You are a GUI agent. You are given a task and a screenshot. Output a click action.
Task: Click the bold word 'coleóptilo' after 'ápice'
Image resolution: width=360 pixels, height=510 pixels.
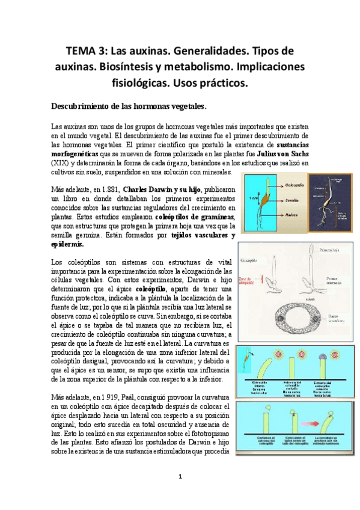[x=151, y=289]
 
